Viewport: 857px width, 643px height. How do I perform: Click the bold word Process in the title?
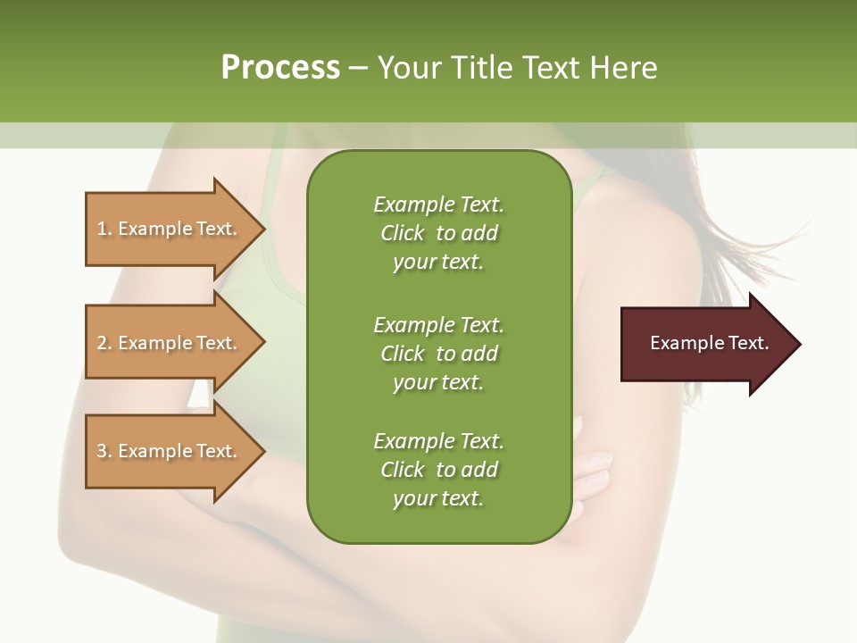pos(280,68)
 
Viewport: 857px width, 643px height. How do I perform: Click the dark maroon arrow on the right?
pos(705,344)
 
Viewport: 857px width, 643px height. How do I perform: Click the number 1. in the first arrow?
pos(104,229)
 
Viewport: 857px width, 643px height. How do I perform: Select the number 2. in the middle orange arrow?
pos(104,343)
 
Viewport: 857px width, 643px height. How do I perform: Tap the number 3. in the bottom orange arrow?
pos(104,451)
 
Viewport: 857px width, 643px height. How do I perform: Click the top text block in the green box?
pos(438,233)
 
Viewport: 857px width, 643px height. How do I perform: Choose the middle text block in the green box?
pos(438,354)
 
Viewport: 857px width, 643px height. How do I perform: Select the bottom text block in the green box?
pos(438,470)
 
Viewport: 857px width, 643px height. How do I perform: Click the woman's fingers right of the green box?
pos(594,473)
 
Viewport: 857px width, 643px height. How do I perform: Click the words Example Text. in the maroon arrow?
pos(709,343)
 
